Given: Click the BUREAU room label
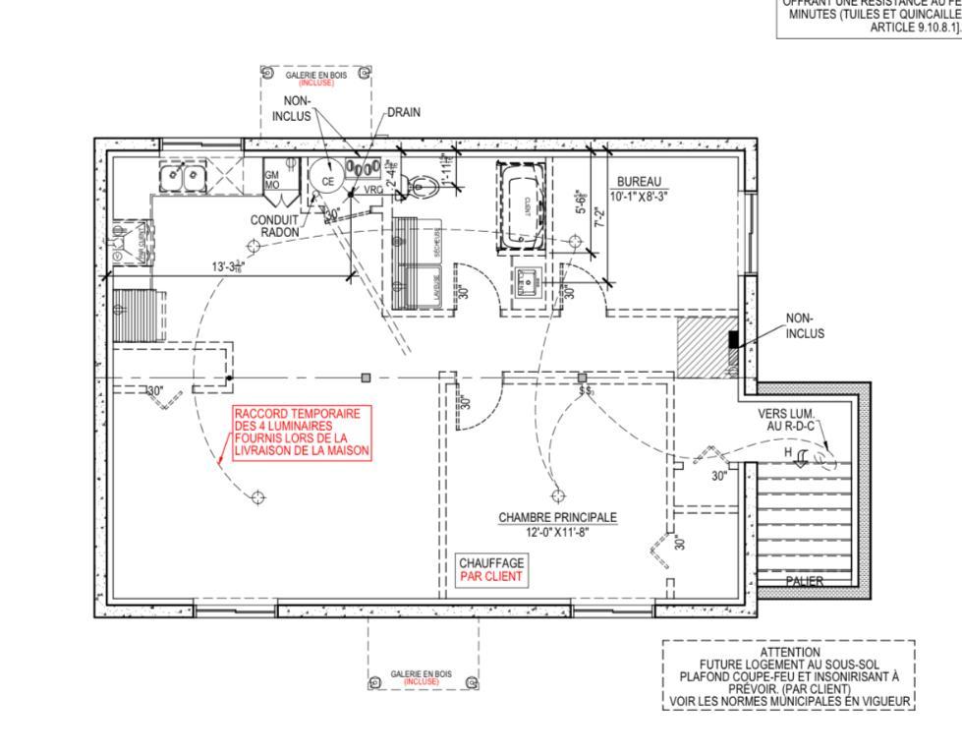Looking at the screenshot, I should point(639,182).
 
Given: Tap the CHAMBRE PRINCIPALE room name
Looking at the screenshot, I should point(557,517).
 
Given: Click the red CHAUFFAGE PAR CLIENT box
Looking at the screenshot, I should point(491,569).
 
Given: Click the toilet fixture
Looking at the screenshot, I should point(421,184).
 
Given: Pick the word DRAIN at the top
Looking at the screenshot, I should point(404,112).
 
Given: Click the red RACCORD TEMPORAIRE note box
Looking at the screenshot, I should point(302,433).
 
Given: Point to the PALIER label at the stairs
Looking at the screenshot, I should point(804,581).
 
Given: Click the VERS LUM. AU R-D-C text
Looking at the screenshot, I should point(790,421).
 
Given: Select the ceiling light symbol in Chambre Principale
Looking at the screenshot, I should point(557,494).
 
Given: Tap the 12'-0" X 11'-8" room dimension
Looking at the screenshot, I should point(557,532).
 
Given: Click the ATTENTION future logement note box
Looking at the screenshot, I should point(789,675).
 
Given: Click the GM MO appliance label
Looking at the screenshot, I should point(272,180).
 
